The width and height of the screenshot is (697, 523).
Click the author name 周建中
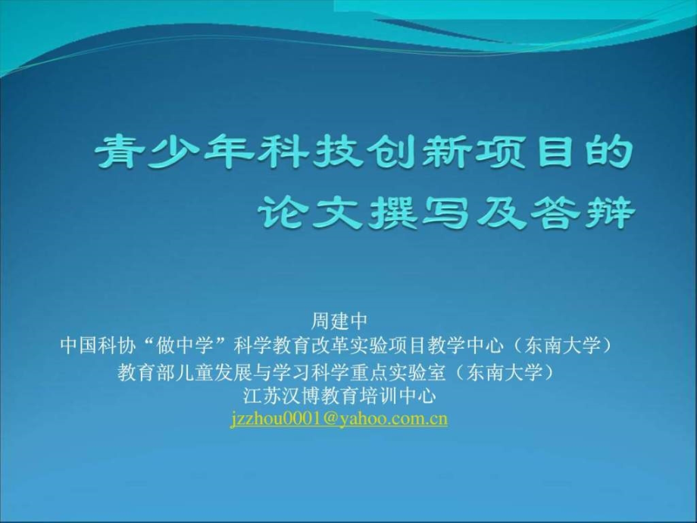pyautogui.click(x=339, y=321)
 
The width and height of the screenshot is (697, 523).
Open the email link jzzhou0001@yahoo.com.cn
pyautogui.click(x=339, y=419)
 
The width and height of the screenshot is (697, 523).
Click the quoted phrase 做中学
pyautogui.click(x=184, y=346)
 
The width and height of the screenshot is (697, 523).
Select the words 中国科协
pyautogui.click(x=98, y=346)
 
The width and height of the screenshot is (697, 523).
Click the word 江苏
pyautogui.click(x=262, y=396)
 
